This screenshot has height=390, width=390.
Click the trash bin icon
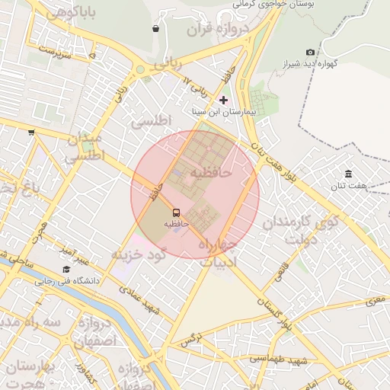155,29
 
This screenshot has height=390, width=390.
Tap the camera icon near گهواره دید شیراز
310,52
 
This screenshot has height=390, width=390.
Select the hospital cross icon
223,100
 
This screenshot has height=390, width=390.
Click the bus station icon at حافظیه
176,213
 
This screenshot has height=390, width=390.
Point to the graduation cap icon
66,270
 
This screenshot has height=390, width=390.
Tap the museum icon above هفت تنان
348,174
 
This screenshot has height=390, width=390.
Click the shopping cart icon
31,132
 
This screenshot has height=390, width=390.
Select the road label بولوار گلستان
277,316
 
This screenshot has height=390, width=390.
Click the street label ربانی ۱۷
195,84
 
